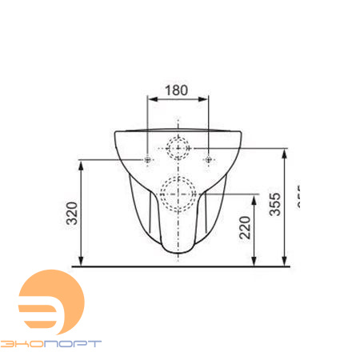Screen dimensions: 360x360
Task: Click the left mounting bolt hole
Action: (148, 161)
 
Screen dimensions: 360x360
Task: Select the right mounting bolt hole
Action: (207, 161)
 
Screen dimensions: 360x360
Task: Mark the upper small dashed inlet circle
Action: (178, 148)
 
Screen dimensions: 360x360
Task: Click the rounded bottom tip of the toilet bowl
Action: (178, 252)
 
